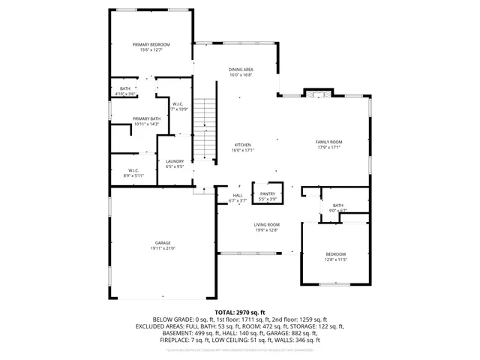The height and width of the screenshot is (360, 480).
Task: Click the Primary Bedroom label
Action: point(151,45)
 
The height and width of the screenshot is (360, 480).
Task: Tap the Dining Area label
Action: point(241,70)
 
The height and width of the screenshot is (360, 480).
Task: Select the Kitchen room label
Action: point(242,145)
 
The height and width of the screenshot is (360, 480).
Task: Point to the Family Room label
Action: point(328,142)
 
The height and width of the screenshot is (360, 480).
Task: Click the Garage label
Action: point(163,242)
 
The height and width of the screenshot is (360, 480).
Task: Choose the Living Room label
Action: point(265,225)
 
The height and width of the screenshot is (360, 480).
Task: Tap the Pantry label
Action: point(268,193)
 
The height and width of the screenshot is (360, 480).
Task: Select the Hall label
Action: point(237,195)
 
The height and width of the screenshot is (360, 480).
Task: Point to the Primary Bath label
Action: point(146,118)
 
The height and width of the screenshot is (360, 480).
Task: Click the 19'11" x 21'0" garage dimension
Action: point(163,247)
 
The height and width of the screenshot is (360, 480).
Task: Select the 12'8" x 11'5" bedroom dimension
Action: point(335,259)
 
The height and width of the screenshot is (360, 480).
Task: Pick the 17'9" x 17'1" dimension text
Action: point(328,147)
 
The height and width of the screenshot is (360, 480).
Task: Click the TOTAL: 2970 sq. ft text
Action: point(239,311)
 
